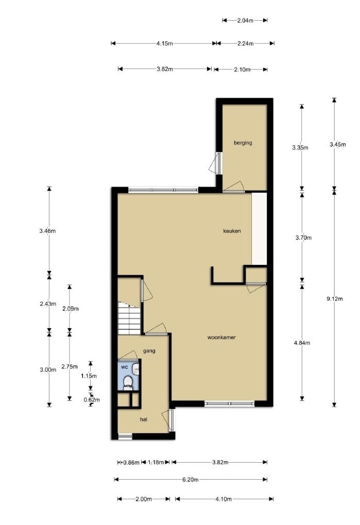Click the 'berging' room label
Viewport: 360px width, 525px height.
[x=243, y=143]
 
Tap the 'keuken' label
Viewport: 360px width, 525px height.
[x=232, y=231]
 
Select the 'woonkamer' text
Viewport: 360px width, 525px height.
[x=221, y=338]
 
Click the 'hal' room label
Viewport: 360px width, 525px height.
[x=144, y=420]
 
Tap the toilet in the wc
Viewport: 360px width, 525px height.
[x=128, y=382]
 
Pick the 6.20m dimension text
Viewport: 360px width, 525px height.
[x=190, y=479]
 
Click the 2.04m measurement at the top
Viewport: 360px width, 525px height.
[x=245, y=21]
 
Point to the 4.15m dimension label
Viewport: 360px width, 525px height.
[x=164, y=44]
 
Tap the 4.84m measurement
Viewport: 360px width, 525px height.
[x=302, y=343]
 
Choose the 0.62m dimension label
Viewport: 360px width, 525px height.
[x=92, y=399]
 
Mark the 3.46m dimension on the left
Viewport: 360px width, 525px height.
[x=47, y=231]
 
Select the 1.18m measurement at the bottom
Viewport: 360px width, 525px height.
[x=156, y=462]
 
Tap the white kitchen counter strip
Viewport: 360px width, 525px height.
[x=259, y=228]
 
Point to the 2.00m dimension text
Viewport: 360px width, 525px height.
[x=143, y=499]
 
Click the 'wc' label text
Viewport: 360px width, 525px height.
[x=124, y=367]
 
